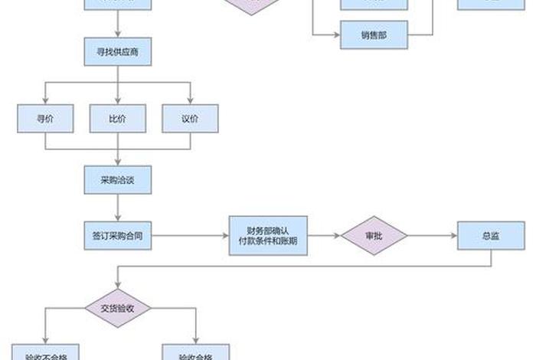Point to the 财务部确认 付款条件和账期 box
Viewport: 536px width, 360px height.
[x=267, y=236]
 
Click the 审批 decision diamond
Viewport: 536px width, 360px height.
[x=374, y=236]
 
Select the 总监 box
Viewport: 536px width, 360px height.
[x=490, y=236]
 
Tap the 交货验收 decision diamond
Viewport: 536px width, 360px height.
[x=117, y=309]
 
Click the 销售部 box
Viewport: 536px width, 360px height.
[x=374, y=35]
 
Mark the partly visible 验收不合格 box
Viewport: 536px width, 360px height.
[x=44, y=353]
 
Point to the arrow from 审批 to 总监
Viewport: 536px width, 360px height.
[x=432, y=236]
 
